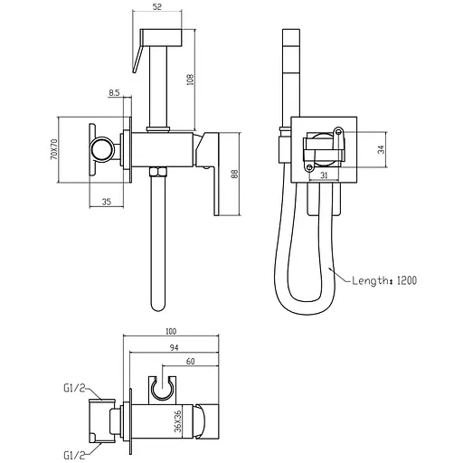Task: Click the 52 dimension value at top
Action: click(157, 6)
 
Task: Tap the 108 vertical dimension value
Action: click(191, 80)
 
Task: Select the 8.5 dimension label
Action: click(114, 93)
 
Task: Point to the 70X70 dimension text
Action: click(54, 149)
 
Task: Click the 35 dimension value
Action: click(107, 202)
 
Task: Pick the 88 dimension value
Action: click(234, 175)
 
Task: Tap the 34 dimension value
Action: click(382, 149)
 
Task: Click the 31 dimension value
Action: click(324, 175)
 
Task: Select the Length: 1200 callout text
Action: click(384, 280)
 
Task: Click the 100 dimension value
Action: click(171, 331)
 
